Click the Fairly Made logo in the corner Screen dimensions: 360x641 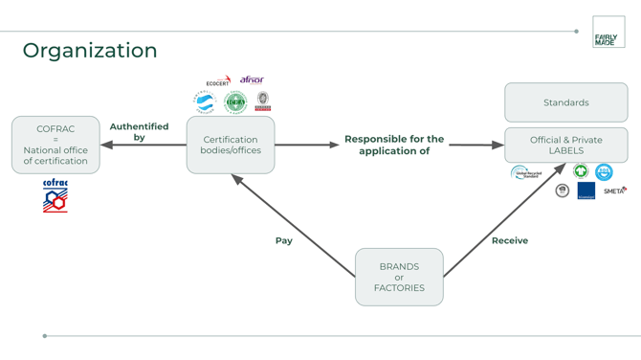(608, 32)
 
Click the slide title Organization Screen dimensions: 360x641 (90, 51)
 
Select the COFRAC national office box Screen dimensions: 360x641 (55, 145)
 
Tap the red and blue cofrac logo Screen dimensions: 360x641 (55, 195)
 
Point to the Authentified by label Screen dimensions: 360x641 (139, 132)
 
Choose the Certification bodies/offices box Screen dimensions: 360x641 (231, 145)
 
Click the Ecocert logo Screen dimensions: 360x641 (218, 81)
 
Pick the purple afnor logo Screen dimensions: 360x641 (252, 79)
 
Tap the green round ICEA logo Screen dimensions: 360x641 (235, 102)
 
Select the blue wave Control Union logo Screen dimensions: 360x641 (205, 102)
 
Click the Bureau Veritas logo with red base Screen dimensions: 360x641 (262, 101)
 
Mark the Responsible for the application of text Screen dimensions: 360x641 (394, 145)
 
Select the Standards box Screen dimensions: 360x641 (565, 102)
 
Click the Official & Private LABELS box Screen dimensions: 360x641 (565, 146)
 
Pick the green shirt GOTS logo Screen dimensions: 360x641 (580, 171)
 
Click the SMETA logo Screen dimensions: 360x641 (614, 191)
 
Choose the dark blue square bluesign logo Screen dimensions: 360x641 (586, 191)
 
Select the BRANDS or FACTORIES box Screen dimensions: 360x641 (399, 277)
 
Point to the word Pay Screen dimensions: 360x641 (284, 240)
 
